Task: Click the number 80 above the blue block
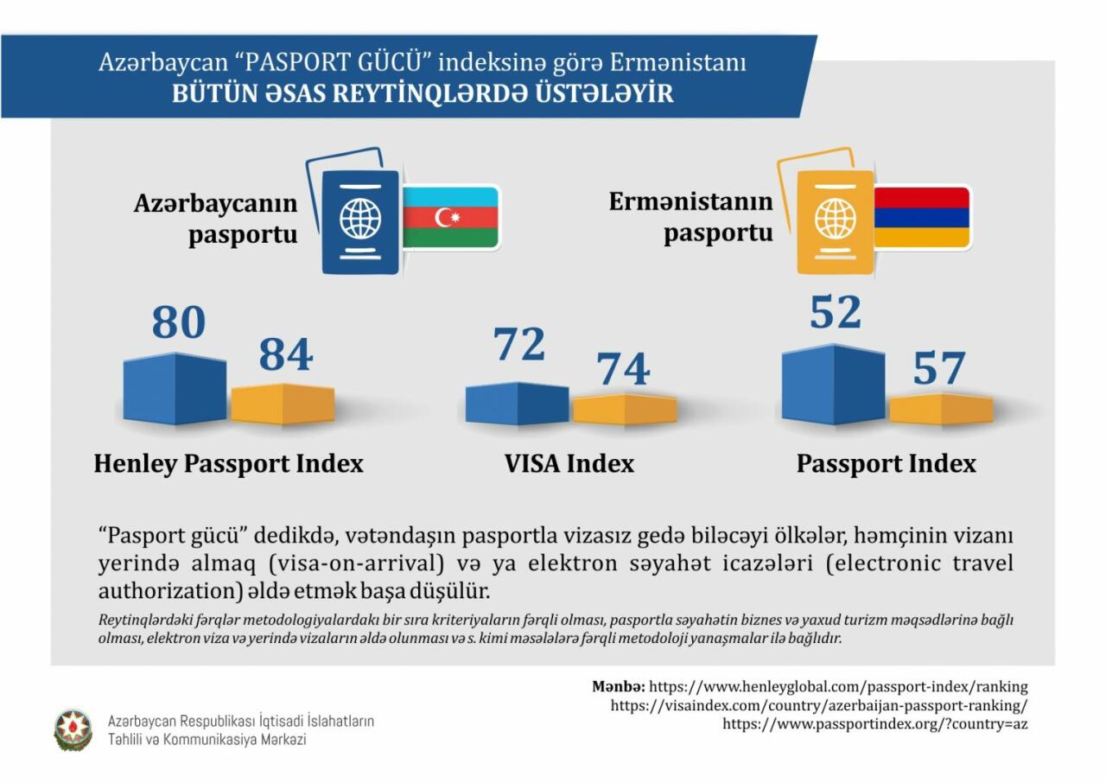coord(179,322)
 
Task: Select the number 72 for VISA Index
coord(519,345)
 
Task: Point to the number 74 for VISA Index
coord(624,369)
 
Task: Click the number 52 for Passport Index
coord(835,313)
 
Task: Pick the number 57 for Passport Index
coord(938,369)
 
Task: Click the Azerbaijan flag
coord(452,217)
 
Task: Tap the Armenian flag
coord(922,217)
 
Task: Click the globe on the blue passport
coord(360,218)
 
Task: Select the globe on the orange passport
coord(835,218)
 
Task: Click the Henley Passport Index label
coord(228,464)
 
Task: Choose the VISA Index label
coord(569,464)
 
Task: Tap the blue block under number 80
coord(175,389)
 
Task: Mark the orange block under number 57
coord(942,409)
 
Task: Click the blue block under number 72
coord(517,404)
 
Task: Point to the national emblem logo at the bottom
coord(73,729)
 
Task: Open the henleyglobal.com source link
coord(838,687)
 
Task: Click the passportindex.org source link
coord(874,724)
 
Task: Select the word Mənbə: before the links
coord(618,687)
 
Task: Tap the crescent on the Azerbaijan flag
coord(446,217)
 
